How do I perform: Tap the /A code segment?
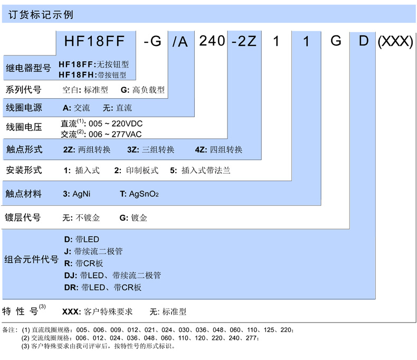181,42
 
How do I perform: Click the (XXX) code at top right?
395,42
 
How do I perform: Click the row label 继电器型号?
29,68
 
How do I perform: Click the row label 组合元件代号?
31,259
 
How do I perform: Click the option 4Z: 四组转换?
219,149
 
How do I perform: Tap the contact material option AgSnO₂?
139,194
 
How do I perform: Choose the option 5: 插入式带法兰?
200,170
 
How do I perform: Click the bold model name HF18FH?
77,75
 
